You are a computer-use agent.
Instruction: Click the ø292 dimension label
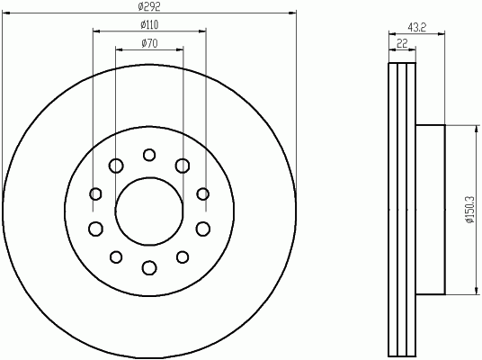tap(149, 6)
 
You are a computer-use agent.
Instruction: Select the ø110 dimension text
tap(149, 24)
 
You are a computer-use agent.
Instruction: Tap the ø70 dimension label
tap(149, 43)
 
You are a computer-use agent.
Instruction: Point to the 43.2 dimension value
tap(417, 28)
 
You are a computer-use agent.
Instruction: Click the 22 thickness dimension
tap(402, 43)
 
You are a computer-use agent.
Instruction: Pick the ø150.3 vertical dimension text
tap(470, 210)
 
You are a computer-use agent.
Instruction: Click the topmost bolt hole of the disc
tap(149, 155)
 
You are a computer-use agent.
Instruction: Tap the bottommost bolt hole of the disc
tap(149, 267)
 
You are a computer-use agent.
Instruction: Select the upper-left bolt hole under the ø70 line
tap(116, 166)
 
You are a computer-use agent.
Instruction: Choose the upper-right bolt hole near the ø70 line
tap(183, 166)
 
